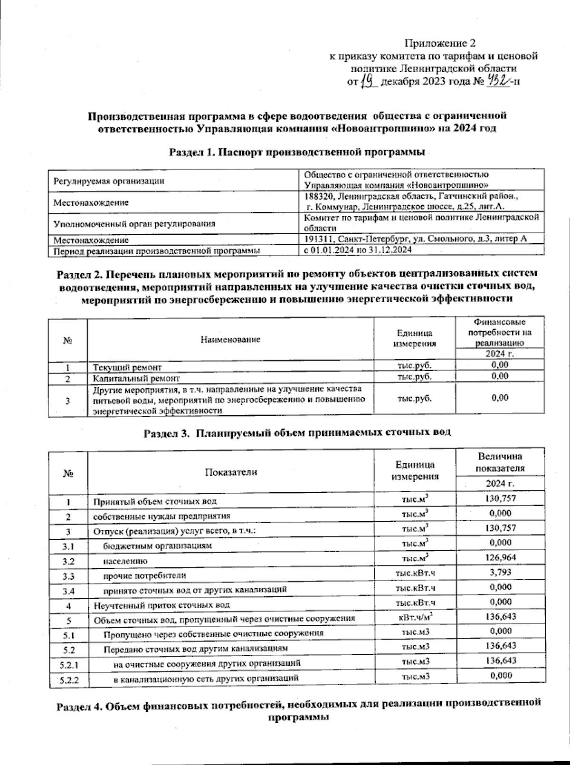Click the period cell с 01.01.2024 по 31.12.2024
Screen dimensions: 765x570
click(x=357, y=249)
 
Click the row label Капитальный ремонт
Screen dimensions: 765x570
click(x=136, y=379)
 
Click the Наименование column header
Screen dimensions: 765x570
click(x=230, y=339)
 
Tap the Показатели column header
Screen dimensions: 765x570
click(x=230, y=472)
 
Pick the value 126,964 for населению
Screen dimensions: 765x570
click(x=500, y=557)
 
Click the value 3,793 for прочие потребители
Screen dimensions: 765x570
click(x=500, y=573)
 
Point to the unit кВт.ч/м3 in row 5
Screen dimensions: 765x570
click(x=415, y=617)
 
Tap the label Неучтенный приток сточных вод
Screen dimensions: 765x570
click(x=161, y=605)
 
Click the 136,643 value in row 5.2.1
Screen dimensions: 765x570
click(x=500, y=661)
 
